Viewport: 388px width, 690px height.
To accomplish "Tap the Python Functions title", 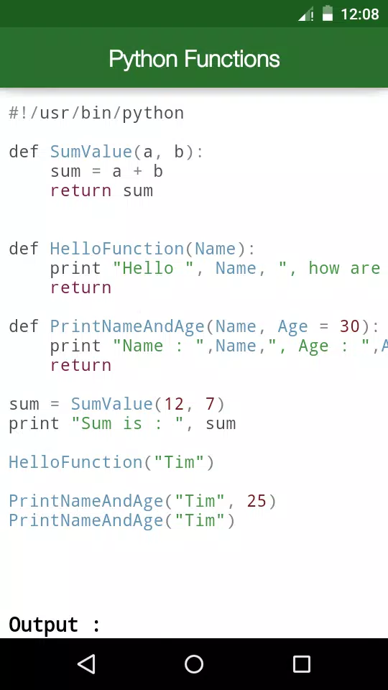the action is point(194,58).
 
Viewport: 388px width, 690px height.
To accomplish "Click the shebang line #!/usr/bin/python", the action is point(96,114).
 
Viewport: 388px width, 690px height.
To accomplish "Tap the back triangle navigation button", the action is point(86,664).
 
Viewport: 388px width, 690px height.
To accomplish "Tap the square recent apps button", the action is point(301,664).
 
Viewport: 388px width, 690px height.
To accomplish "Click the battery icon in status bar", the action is point(328,13).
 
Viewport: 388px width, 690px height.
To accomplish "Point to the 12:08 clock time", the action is point(359,14).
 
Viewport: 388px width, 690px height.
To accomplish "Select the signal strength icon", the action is point(306,14).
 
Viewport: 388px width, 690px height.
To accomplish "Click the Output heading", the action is point(55,625).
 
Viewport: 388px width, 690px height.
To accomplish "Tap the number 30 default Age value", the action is point(350,326).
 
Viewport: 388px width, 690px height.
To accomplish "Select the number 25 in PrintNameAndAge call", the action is point(257,501).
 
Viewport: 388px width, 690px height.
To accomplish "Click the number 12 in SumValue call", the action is point(174,403).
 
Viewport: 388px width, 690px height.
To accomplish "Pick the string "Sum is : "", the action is point(127,423).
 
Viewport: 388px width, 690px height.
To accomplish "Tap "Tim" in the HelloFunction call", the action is point(185,462).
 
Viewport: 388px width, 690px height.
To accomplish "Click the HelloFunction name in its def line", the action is point(117,249).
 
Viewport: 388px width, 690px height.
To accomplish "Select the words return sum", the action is point(101,190).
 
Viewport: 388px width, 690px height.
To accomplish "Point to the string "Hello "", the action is point(153,268).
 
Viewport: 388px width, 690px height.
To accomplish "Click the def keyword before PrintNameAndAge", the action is point(24,326).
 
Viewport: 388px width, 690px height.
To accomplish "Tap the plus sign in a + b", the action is point(138,171).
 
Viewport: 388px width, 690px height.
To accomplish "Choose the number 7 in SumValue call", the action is point(210,403).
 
